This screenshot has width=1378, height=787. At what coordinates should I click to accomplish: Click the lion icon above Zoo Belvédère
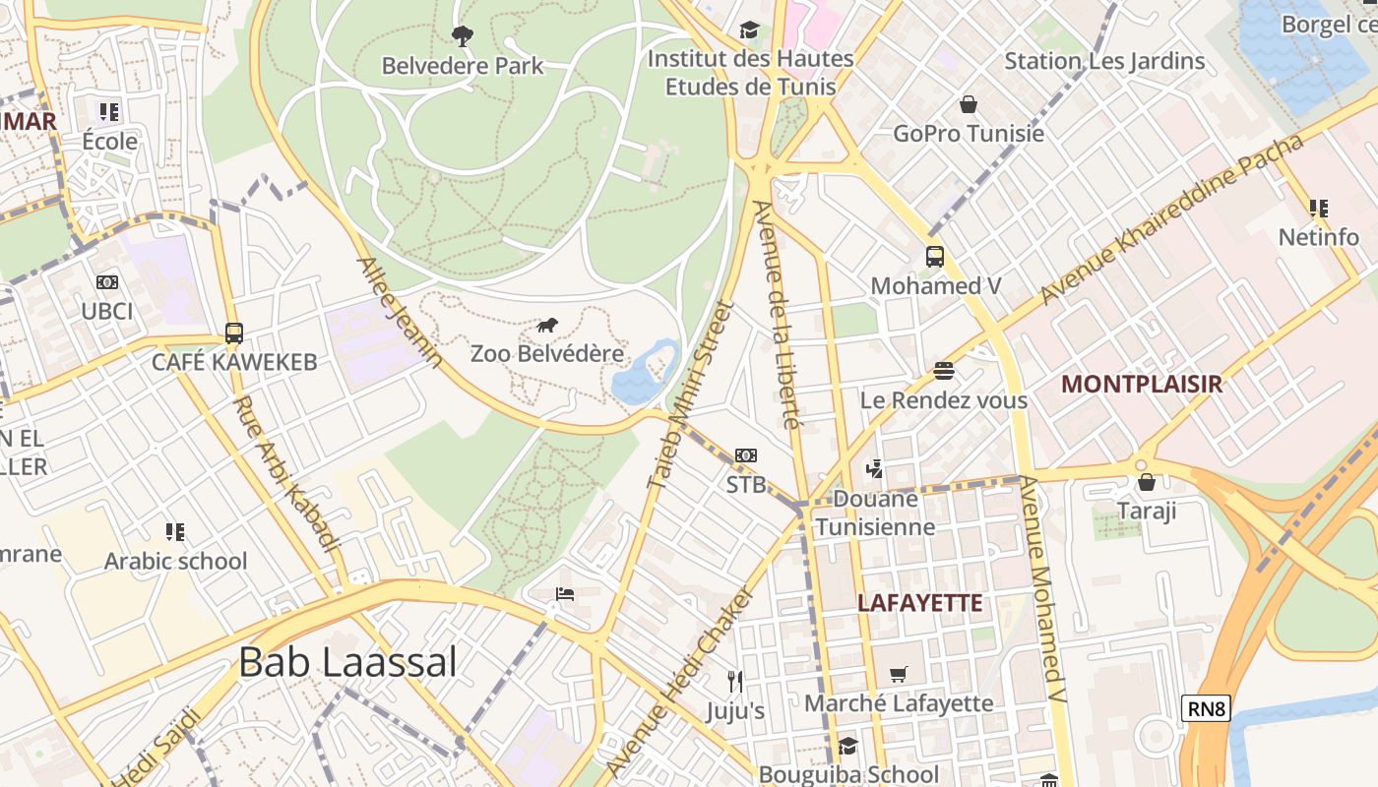point(548,325)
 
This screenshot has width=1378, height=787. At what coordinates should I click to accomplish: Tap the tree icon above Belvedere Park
point(462,37)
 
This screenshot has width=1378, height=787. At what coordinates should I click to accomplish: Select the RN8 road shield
point(1206,707)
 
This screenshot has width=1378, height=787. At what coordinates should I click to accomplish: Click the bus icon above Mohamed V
point(935,257)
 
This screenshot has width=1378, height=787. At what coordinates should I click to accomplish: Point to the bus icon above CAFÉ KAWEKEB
point(233,333)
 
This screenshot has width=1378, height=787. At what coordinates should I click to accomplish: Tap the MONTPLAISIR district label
point(1142,385)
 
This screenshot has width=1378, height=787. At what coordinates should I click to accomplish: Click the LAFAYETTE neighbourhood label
point(920,603)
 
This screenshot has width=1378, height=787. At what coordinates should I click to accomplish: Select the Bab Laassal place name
point(347,662)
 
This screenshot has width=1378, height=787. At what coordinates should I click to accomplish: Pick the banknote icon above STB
point(745,455)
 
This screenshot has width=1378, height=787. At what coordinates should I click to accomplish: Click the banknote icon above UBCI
point(107,282)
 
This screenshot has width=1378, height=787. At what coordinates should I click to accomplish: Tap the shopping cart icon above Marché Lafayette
point(898,675)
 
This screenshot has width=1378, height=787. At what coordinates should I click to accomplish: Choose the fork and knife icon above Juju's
point(734,681)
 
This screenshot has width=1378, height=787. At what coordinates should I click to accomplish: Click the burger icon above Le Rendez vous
point(944,371)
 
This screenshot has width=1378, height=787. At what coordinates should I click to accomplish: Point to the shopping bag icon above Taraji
point(1146,482)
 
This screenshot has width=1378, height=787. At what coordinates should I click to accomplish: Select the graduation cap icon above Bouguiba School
point(847,747)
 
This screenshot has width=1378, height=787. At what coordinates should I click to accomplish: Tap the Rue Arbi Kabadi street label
point(286,474)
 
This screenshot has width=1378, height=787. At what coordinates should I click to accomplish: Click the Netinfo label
point(1319,237)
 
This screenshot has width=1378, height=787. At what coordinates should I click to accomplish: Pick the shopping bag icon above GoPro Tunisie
point(969,104)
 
